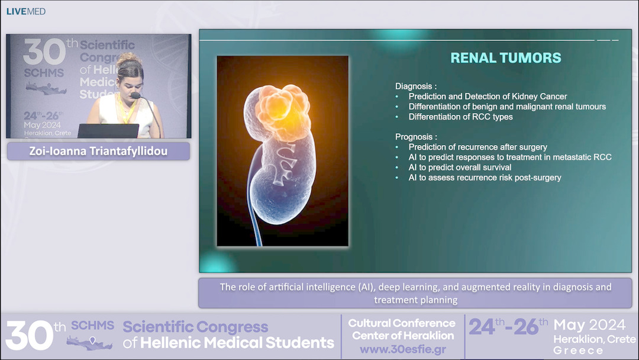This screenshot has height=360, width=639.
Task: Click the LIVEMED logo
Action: point(26,11)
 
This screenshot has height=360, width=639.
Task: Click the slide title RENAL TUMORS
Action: point(505,58)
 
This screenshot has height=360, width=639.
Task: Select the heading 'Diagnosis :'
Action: point(416,85)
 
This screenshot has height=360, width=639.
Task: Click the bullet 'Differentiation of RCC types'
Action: point(460,117)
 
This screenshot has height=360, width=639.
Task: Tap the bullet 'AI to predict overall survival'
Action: point(460,167)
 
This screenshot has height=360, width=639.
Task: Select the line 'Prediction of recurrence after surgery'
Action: point(477,147)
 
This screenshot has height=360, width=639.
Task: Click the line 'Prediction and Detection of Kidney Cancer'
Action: point(488,97)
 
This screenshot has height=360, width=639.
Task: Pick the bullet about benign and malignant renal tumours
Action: point(507,107)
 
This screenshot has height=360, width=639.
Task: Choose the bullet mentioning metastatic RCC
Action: point(509,157)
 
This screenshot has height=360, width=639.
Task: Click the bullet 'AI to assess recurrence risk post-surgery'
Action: point(485,177)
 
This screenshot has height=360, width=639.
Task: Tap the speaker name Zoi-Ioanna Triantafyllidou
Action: point(98,151)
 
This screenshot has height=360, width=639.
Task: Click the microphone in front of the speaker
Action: point(135,95)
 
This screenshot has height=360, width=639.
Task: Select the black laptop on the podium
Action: point(108,130)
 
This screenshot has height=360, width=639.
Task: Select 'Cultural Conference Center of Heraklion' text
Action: point(402,329)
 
